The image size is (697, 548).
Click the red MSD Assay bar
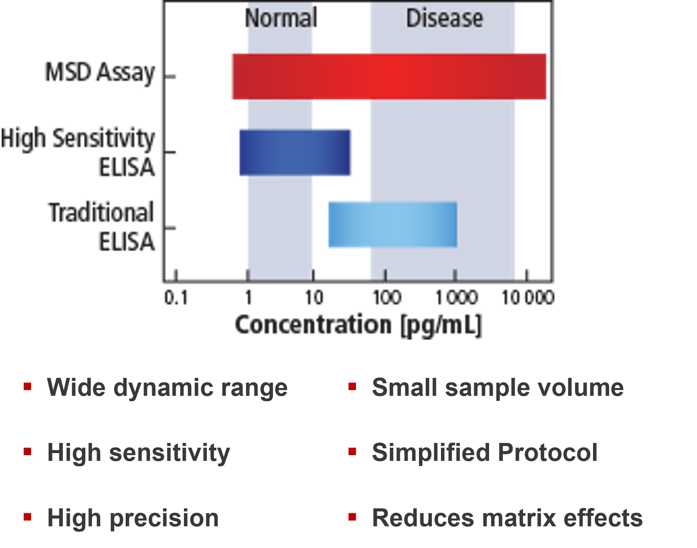(388, 76)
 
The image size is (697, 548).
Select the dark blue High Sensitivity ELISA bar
(295, 152)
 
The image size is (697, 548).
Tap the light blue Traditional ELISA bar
(392, 225)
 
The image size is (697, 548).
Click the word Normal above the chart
(281, 18)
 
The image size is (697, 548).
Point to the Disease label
(444, 18)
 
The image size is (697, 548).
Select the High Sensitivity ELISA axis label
(79, 152)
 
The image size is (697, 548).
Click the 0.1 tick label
(176, 298)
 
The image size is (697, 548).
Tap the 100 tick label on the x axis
(387, 298)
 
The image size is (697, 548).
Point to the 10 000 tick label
(528, 298)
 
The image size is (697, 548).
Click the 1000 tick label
(457, 298)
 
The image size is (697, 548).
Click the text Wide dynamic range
(167, 388)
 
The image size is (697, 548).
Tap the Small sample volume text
(498, 388)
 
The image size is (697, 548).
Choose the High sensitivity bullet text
(139, 453)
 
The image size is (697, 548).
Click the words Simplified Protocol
(485, 453)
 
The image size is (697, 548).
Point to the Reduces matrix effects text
(507, 518)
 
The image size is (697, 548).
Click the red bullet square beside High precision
(27, 517)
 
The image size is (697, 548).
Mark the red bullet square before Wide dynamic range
(27, 386)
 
